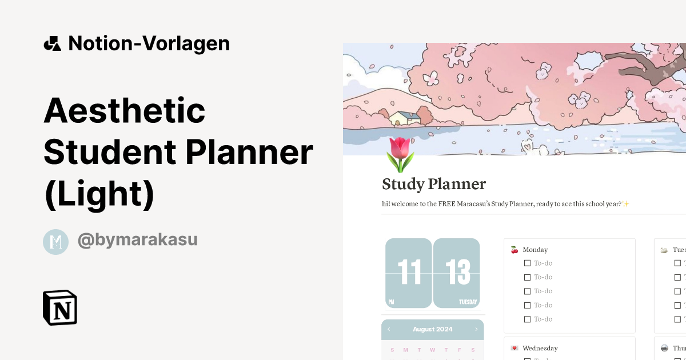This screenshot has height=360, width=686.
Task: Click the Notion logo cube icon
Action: [60, 307]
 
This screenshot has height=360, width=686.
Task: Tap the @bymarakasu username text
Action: [137, 240]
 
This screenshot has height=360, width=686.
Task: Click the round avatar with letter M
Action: [55, 242]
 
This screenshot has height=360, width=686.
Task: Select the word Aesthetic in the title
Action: [125, 110]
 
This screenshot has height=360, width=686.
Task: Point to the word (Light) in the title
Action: [99, 194]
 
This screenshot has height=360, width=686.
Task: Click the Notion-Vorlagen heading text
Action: [149, 43]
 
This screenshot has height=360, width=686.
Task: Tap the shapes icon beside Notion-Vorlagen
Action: [53, 43]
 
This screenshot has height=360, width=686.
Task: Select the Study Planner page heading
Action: [433, 184]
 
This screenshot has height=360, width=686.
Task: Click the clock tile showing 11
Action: [409, 273]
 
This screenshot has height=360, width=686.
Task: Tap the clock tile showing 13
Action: [456, 273]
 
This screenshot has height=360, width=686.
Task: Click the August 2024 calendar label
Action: [432, 329]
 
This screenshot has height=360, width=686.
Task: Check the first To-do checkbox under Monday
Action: [527, 263]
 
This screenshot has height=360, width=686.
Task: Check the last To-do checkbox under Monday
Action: [527, 319]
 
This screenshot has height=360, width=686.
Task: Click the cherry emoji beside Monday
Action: [514, 250]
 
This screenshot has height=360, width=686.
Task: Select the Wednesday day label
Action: [540, 348]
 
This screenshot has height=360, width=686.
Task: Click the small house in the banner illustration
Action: [404, 118]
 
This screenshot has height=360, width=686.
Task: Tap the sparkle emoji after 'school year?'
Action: [626, 204]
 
